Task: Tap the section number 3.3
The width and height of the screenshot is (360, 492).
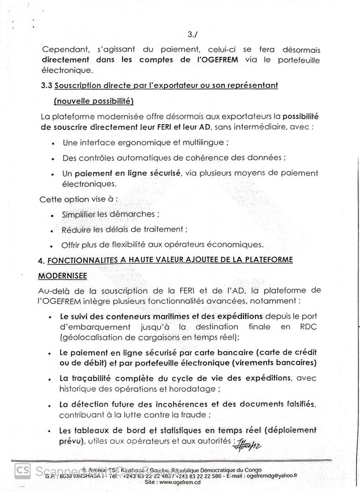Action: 47,86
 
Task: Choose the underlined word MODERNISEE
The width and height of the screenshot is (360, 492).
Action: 61,276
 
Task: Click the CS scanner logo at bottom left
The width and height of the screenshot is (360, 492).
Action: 22,471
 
